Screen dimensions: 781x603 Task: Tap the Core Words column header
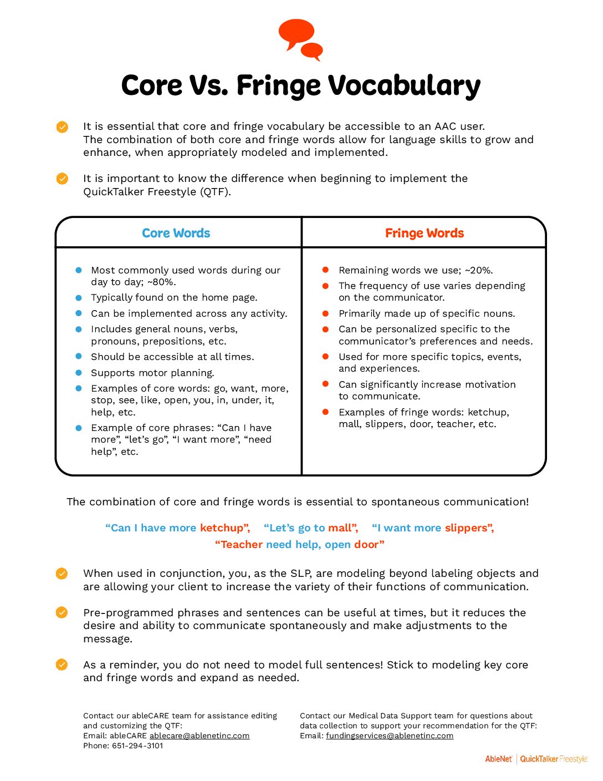click(x=176, y=233)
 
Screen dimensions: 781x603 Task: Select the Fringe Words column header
click(x=424, y=233)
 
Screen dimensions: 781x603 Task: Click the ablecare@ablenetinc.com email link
click(x=200, y=736)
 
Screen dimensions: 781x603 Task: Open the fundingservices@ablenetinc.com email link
click(x=390, y=736)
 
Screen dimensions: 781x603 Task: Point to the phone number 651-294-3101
click(x=137, y=745)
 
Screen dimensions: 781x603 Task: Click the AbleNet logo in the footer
click(x=499, y=759)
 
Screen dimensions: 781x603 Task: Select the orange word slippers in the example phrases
click(x=469, y=528)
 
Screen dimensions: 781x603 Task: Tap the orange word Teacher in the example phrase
click(x=239, y=544)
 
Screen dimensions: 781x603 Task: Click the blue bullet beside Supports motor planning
click(x=79, y=373)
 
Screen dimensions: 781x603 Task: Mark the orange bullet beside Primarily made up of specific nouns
click(x=326, y=313)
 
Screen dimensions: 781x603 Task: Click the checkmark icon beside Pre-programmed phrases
click(x=62, y=612)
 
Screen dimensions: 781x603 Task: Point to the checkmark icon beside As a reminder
click(x=62, y=665)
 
